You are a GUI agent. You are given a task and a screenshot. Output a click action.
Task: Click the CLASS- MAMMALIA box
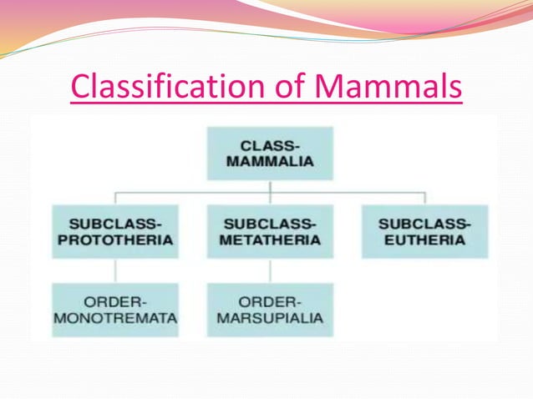270,153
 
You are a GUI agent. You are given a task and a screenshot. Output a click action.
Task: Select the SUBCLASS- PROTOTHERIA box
115,231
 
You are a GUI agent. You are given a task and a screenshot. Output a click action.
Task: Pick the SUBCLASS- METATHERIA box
270,231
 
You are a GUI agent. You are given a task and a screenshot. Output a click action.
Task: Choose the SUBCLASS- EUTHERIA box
425,231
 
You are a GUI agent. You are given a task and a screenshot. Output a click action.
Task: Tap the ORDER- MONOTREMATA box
115,310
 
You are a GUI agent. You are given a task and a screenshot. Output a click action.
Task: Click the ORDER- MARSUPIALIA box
270,310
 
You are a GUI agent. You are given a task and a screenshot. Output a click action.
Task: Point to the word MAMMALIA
270,162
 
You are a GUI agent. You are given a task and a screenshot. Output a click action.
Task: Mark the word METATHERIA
270,240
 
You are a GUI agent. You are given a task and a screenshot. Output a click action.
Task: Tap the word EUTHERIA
425,240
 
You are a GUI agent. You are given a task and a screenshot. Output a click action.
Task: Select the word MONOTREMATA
115,319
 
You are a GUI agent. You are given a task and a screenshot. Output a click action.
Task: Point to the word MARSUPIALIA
270,319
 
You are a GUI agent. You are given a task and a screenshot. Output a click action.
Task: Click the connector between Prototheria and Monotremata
115,270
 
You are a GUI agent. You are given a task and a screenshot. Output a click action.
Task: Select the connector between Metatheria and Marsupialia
270,270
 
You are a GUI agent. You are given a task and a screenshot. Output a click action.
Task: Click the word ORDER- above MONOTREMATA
115,301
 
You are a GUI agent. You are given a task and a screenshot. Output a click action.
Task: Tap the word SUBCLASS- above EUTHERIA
425,223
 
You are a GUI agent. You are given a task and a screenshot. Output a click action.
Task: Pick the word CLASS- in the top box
270,144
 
